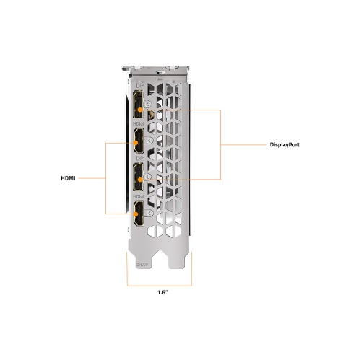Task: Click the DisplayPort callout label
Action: [284, 145]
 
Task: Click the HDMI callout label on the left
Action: [68, 178]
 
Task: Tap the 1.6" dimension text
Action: [162, 292]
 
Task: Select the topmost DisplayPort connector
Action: [139, 104]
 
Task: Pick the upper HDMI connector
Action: [139, 141]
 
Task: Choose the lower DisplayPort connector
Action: [139, 177]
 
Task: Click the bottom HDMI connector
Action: [139, 214]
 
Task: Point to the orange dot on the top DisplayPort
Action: [140, 110]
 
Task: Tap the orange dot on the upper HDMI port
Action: [136, 143]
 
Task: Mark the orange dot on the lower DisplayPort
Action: [140, 180]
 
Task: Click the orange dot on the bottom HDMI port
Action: [136, 214]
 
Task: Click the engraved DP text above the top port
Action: [140, 86]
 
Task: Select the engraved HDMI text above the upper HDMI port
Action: [139, 123]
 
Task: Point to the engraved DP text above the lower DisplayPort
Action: [140, 159]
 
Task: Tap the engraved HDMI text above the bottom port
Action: [139, 196]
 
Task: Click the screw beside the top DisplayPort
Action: [148, 104]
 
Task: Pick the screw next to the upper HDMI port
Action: [149, 140]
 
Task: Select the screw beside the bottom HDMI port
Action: [149, 213]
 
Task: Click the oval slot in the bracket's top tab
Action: [160, 71]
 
